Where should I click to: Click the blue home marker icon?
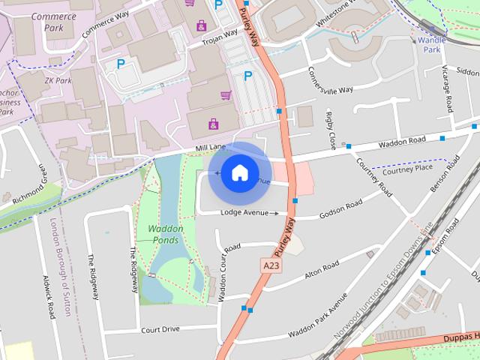click(x=238, y=173)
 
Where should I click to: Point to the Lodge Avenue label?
click(x=244, y=213)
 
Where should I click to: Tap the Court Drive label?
click(x=160, y=328)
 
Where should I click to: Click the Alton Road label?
click(x=322, y=271)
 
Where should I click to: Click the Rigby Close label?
click(x=330, y=129)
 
